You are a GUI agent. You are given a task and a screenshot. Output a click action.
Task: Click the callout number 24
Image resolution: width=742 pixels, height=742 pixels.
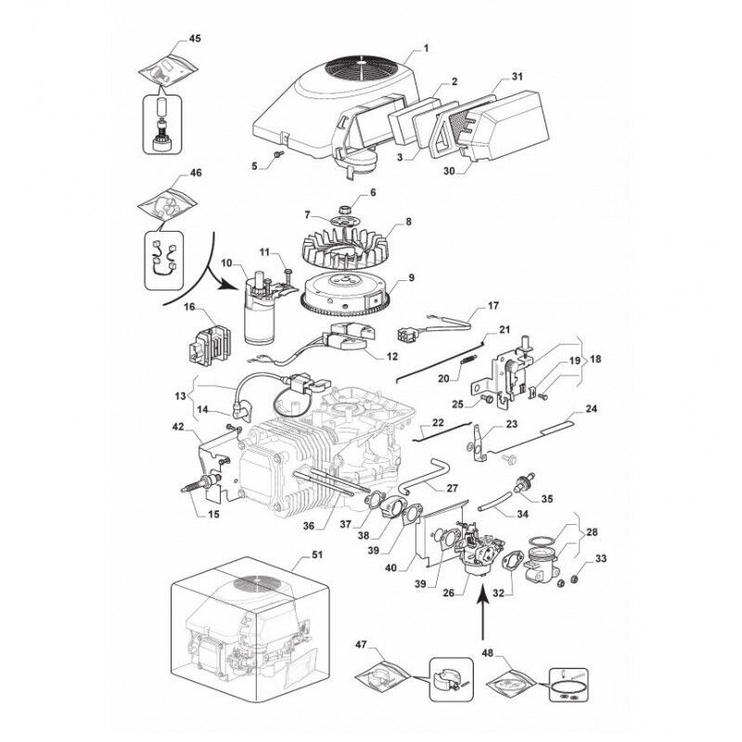tap(590, 408)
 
